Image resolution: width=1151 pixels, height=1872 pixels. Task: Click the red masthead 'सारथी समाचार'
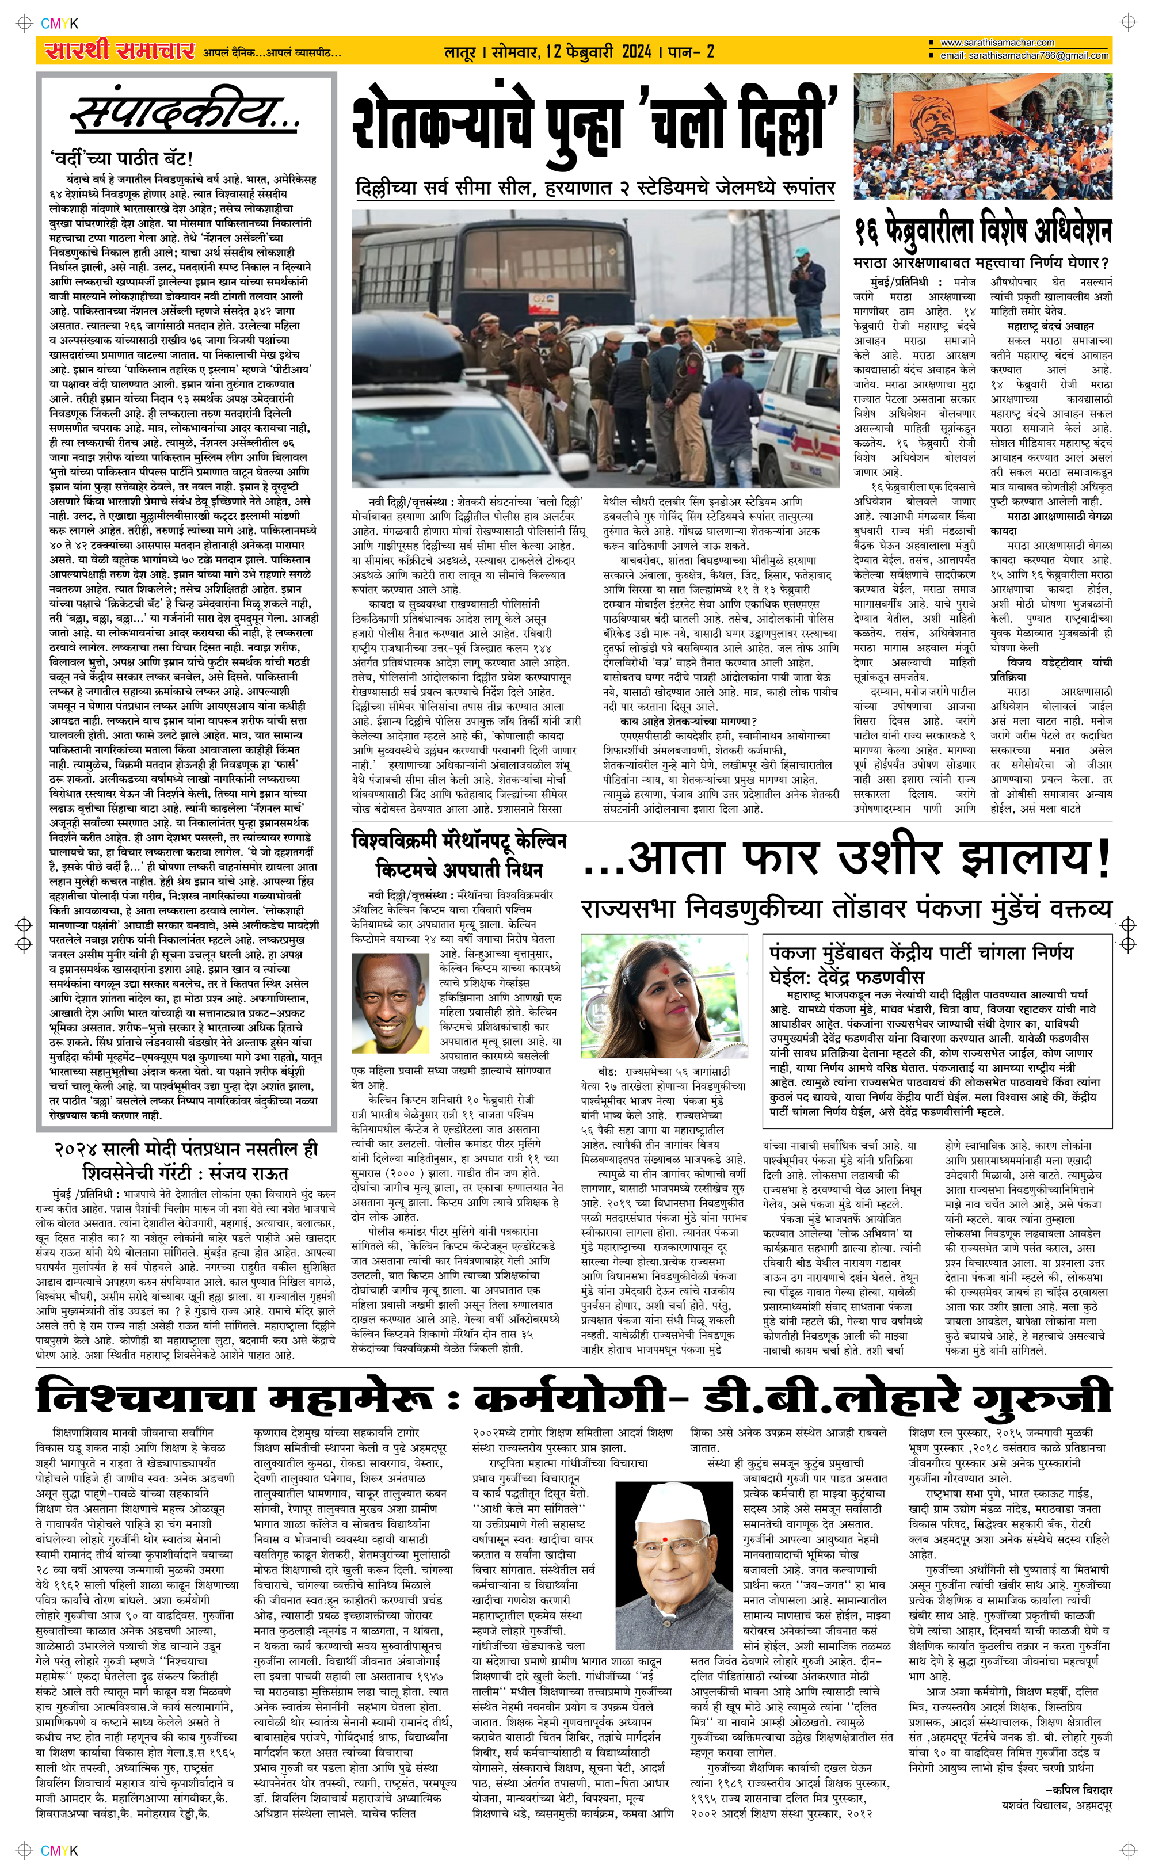tap(120, 51)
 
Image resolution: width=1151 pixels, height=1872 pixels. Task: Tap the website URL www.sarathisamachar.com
tap(997, 43)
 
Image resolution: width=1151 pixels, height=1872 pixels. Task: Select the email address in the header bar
tap(1024, 56)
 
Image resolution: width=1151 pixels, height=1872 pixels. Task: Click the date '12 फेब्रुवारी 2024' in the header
tap(599, 52)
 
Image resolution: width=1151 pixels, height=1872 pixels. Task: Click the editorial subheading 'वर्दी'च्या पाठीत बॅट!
tap(122, 159)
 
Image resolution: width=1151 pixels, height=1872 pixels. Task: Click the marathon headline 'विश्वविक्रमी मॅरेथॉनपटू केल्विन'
tap(459, 842)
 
